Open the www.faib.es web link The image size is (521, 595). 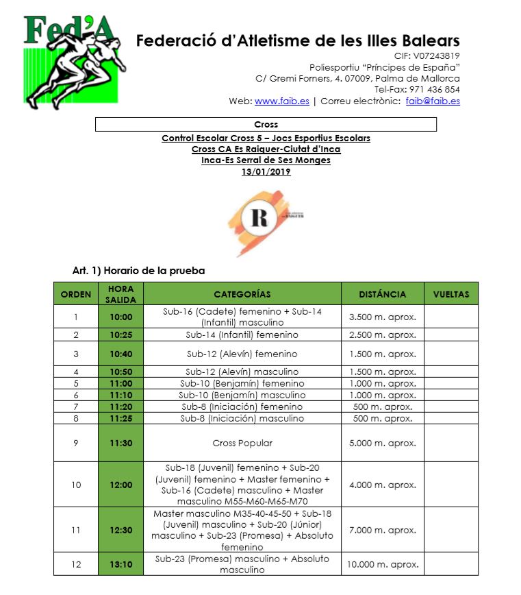point(281,101)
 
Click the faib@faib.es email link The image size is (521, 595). point(432,101)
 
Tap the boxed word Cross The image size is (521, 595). point(266,125)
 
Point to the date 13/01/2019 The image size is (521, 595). point(266,172)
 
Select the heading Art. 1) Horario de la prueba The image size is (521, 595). point(138,271)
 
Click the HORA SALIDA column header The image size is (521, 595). point(120,294)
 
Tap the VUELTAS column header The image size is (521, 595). point(451,294)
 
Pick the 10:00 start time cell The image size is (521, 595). point(120,317)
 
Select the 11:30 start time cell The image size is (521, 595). point(120,443)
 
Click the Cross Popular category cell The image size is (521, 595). point(242,443)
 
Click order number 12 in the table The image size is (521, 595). point(75,565)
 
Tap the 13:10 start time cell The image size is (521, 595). point(120,565)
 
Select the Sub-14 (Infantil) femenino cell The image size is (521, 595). point(242,335)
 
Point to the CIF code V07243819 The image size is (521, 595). point(437,56)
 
